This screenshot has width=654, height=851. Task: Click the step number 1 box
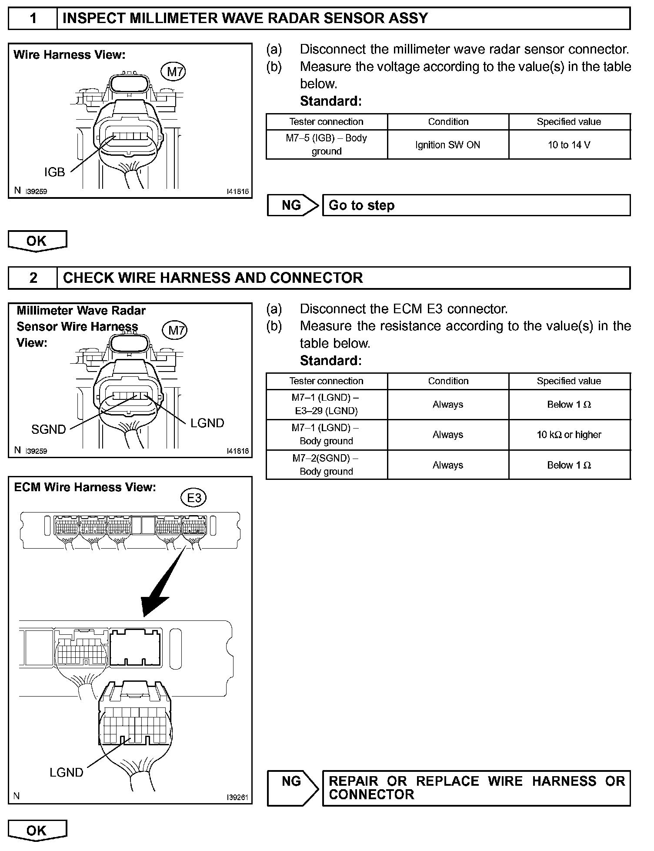coord(33,19)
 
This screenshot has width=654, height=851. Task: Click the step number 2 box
coord(33,278)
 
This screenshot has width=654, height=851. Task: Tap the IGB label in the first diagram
coord(54,172)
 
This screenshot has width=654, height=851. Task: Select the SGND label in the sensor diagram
coord(48,429)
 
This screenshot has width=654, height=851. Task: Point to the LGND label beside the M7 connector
coord(207,423)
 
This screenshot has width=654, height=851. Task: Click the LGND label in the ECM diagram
coord(66,772)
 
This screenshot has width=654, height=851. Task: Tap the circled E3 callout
coord(194,497)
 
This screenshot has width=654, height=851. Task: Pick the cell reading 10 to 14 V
coord(569,145)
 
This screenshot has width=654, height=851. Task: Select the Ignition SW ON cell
coord(447,145)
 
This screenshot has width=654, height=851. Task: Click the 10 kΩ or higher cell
coord(569,435)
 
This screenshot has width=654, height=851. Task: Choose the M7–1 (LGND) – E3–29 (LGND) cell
coord(326,404)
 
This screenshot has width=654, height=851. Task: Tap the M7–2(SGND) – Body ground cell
coord(326,465)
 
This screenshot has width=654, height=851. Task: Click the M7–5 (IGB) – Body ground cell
coord(326,144)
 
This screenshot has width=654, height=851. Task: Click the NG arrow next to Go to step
coord(292,205)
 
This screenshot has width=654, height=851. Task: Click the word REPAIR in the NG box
coord(353,781)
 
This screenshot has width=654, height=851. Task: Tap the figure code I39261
coord(237,797)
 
